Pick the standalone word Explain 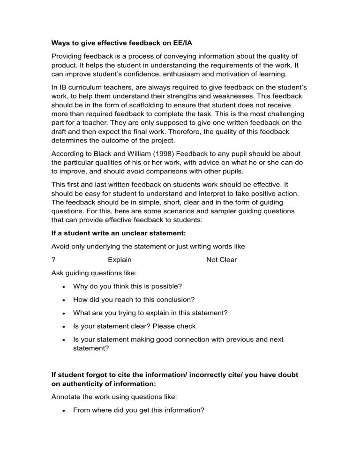tap(120, 260)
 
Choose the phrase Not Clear tap(221, 260)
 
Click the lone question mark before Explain tap(54, 260)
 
